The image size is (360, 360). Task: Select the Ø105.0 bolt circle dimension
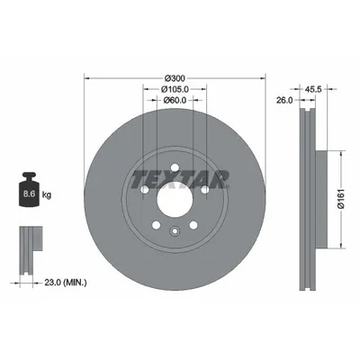click(x=175, y=88)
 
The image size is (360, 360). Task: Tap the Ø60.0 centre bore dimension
click(x=175, y=100)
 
